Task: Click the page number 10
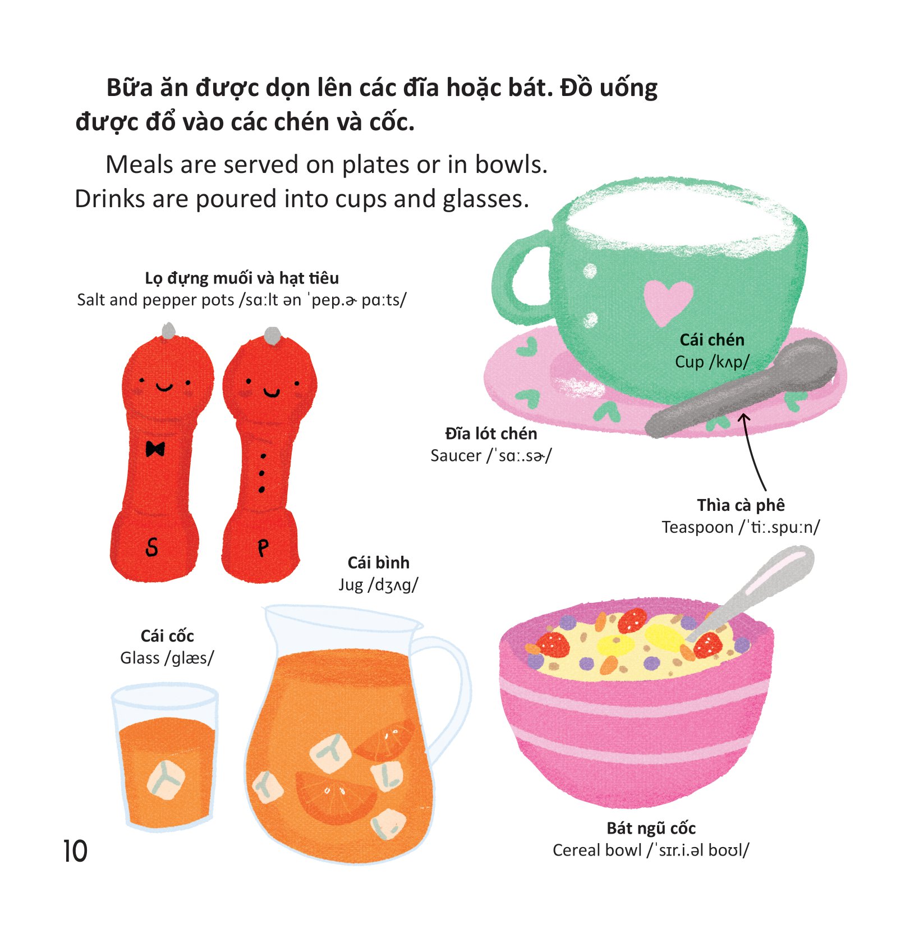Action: pyautogui.click(x=75, y=851)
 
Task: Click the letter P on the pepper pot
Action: pyautogui.click(x=263, y=548)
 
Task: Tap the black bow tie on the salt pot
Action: pyautogui.click(x=155, y=449)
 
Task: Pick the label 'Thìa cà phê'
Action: pyautogui.click(x=741, y=505)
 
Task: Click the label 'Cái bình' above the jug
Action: pyautogui.click(x=379, y=562)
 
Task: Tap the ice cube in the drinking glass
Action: pyautogui.click(x=166, y=779)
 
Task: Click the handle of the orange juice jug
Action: pyautogui.click(x=449, y=690)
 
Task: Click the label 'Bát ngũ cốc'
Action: pyautogui.click(x=651, y=828)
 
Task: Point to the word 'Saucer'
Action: pyautogui.click(x=456, y=456)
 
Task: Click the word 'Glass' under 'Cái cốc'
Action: pyautogui.click(x=140, y=658)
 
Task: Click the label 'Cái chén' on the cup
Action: pyautogui.click(x=712, y=340)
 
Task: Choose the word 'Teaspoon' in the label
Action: pyautogui.click(x=697, y=528)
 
